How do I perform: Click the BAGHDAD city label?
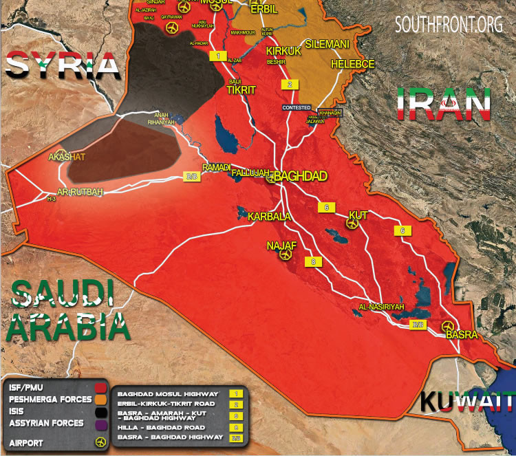pos(302,176)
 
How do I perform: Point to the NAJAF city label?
pos(281,245)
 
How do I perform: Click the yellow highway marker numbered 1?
pos(218,55)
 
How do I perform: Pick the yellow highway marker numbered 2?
pos(290,85)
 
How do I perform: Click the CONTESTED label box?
pos(297,108)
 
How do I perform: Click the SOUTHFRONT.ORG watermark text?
pos(449,25)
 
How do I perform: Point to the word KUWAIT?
pos(467,401)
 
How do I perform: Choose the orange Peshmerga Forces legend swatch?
pos(104,400)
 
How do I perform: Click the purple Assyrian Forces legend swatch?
pos(104,423)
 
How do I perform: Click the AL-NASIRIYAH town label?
pos(380,306)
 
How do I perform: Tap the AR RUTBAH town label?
pos(80,192)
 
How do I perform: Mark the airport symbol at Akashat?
pos(63,155)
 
